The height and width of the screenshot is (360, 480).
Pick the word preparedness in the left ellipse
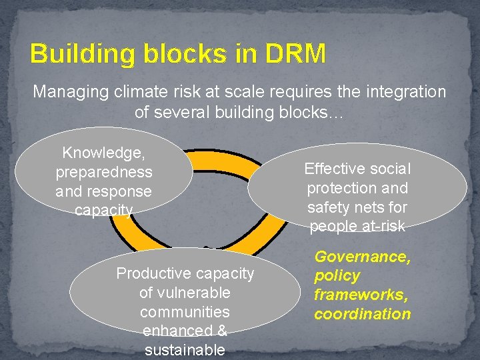point(103,172)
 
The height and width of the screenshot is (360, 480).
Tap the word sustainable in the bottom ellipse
point(185,350)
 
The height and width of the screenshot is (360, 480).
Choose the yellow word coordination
point(362,314)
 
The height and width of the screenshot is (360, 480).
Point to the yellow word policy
point(337,276)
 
